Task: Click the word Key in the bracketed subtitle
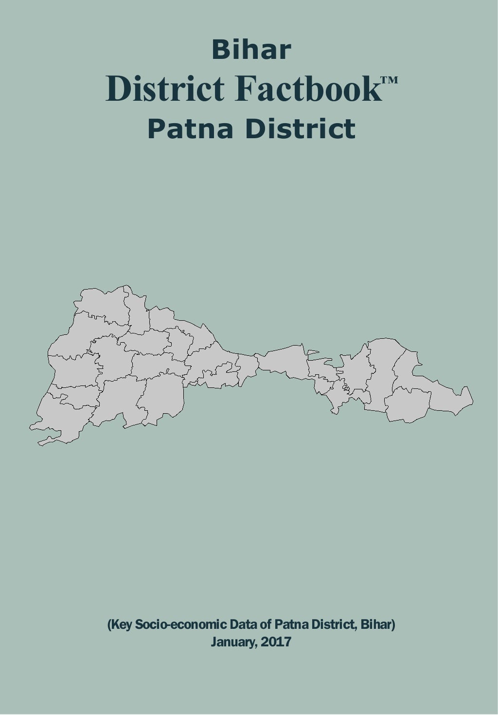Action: [120, 624]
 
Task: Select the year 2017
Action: [276, 642]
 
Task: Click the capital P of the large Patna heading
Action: [157, 129]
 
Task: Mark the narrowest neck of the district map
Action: [257, 363]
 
